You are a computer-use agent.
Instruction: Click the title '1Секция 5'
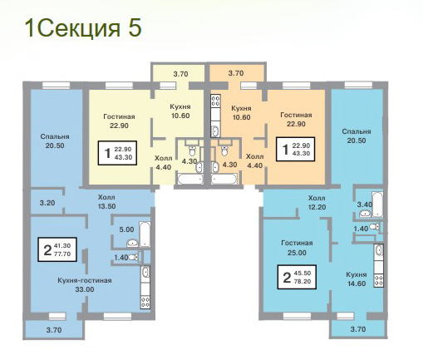tap(83, 28)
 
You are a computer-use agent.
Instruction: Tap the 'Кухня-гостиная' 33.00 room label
tap(85, 285)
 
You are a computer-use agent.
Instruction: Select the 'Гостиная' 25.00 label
tap(297, 248)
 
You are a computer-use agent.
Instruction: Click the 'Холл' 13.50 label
tap(106, 202)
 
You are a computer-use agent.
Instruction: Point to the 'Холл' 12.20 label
tap(317, 203)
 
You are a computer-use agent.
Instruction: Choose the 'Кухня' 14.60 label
tap(357, 279)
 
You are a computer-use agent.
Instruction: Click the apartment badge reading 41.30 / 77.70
tap(57, 249)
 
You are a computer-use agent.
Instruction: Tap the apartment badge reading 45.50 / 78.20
tap(297, 277)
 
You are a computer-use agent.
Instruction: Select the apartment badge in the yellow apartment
tap(117, 153)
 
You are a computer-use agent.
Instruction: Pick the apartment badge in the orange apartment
tap(295, 149)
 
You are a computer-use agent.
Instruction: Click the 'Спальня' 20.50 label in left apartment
tap(55, 141)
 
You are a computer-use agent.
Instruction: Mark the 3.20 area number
tap(47, 203)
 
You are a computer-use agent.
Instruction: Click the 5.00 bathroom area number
tap(126, 229)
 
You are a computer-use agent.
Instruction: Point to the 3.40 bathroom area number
tap(365, 205)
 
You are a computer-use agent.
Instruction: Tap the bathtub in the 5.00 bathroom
tap(145, 234)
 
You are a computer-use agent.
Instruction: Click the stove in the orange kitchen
tap(215, 101)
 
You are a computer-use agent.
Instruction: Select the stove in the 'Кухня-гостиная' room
tap(145, 302)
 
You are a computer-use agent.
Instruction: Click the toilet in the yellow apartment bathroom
tap(192, 150)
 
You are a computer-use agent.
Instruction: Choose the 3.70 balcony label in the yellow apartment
tap(180, 74)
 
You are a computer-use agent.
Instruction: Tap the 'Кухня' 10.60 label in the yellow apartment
tap(180, 111)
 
